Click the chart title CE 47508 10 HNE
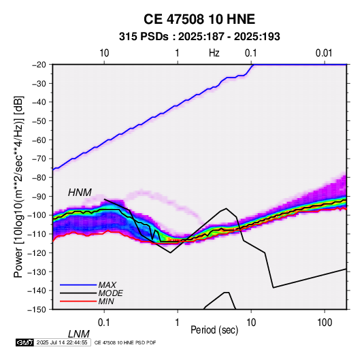point(199,19)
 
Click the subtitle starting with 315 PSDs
point(199,37)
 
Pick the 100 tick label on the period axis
point(325,323)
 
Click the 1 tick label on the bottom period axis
point(178,323)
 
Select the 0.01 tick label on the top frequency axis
point(324,53)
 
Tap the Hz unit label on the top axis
point(214,53)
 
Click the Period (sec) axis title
point(214,330)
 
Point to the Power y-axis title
point(18,186)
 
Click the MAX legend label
point(107,284)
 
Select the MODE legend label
point(110,293)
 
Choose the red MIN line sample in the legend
point(78,301)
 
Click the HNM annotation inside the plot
point(80,193)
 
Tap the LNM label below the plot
point(79,334)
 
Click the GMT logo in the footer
point(24,342)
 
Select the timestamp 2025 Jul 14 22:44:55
point(62,342)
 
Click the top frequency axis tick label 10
point(104,53)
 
